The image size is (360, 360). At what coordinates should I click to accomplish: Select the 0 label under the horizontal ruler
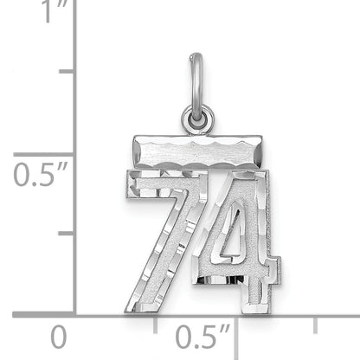pos(59,336)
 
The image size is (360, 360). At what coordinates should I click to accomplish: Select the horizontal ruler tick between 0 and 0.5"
pos(156,322)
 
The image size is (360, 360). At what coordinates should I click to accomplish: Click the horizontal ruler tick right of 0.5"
pos(315,322)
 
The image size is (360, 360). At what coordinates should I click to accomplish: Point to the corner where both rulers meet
pos(75,313)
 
